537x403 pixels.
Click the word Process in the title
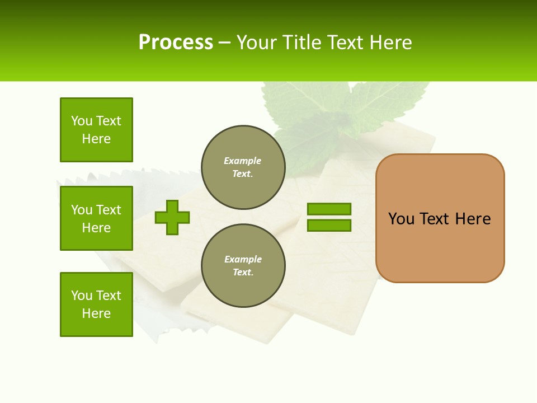coord(176,43)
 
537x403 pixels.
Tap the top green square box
coord(96,130)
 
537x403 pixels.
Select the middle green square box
coord(96,218)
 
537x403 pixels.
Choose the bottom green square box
coord(96,304)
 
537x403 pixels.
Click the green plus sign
coord(172,217)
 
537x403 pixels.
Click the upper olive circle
coord(243,167)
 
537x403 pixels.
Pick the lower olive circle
coord(243,265)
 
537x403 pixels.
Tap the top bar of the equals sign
coord(329,209)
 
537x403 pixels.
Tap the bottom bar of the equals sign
coord(329,225)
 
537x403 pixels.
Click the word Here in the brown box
coord(473,219)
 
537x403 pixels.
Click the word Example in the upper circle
coord(243,161)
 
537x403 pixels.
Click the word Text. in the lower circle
coord(243,273)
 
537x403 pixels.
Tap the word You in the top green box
coord(82,121)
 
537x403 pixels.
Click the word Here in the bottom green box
coord(96,313)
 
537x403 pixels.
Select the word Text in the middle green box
coord(109,210)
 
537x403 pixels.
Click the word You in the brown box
coord(401,219)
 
